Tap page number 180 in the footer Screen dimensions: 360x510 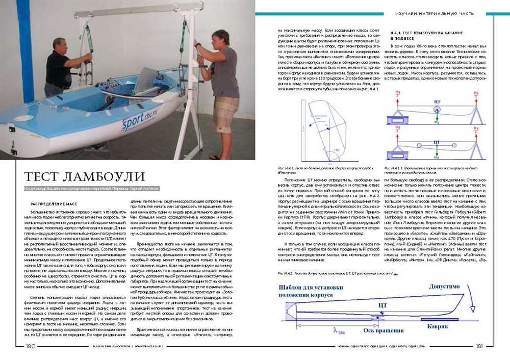coord(30,346)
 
